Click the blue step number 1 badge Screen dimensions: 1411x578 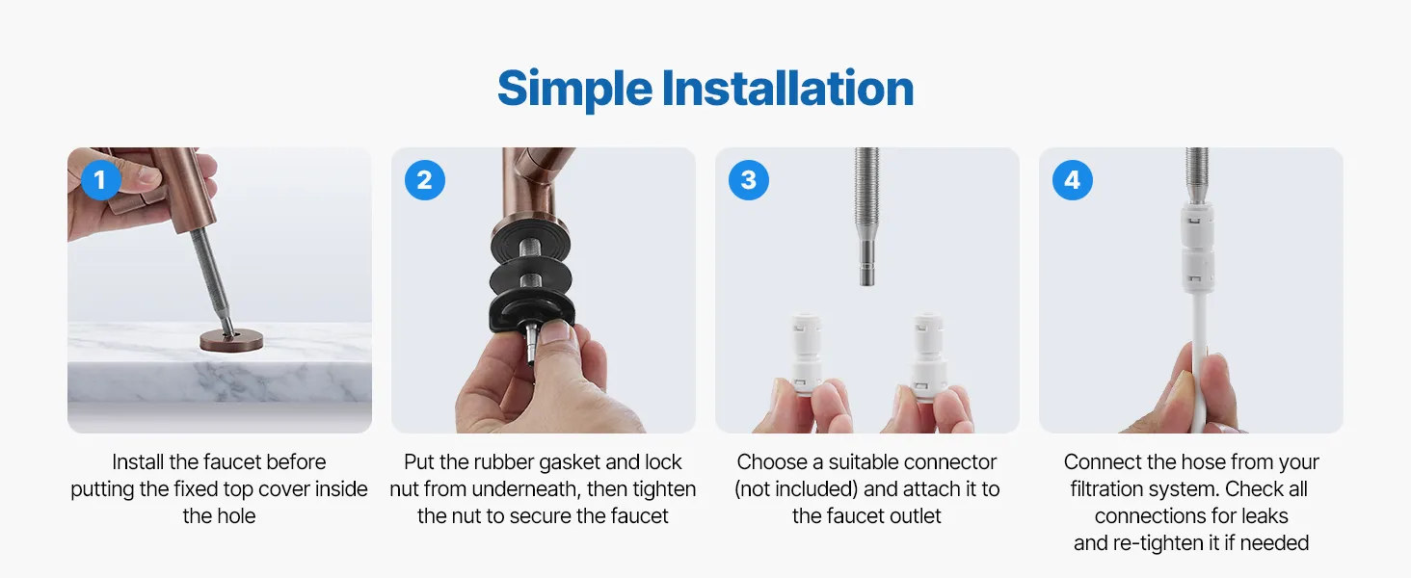pyautogui.click(x=101, y=180)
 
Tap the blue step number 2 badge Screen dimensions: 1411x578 pyautogui.click(x=425, y=180)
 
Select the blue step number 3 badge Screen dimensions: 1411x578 pyautogui.click(x=748, y=180)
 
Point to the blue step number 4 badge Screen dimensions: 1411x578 pyautogui.click(x=1072, y=180)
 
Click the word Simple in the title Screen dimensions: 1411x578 pyautogui.click(x=574, y=90)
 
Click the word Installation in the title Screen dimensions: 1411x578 pyautogui.click(x=787, y=89)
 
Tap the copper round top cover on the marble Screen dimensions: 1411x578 pyautogui.click(x=231, y=339)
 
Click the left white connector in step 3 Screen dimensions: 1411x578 pyautogui.click(x=806, y=355)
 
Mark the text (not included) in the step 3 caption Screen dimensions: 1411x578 pyautogui.click(x=796, y=489)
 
